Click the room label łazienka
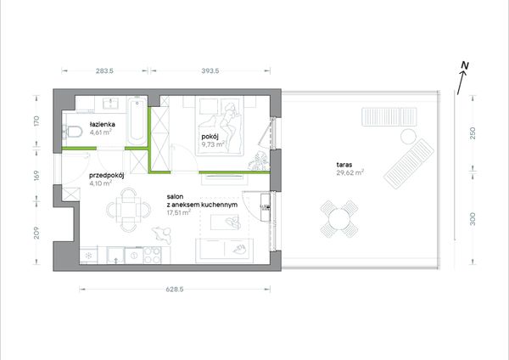click(103, 124)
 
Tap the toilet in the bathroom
click(72, 132)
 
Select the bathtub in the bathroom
click(137, 122)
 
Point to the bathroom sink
click(111, 104)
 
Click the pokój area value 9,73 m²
click(213, 144)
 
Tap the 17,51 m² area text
click(178, 213)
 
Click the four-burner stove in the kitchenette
click(152, 255)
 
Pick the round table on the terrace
click(338, 219)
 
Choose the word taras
click(344, 165)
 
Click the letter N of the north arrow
click(465, 65)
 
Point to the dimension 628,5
click(175, 290)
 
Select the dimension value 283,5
click(105, 70)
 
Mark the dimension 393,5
click(210, 70)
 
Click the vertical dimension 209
click(36, 233)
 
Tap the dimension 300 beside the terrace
click(473, 219)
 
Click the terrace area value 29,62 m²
click(350, 172)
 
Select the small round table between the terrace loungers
click(408, 137)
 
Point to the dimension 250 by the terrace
click(473, 133)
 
